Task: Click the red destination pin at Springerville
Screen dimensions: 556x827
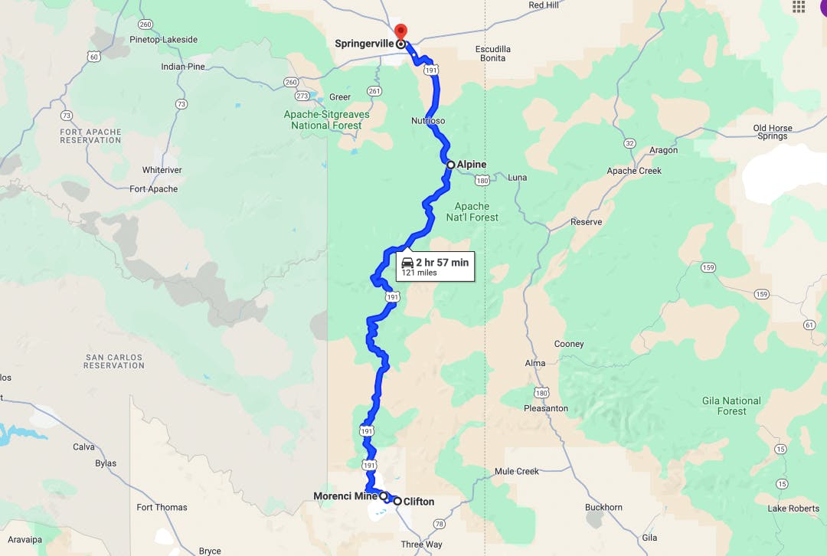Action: pos(400,32)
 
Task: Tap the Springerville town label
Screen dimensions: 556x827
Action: pos(364,44)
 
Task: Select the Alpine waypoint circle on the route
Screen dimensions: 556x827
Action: pos(451,165)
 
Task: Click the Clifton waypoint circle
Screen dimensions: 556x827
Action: pos(397,501)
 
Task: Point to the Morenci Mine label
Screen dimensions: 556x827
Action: pos(345,496)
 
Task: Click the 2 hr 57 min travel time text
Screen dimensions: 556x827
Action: pos(442,263)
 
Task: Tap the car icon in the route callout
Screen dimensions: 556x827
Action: pos(407,263)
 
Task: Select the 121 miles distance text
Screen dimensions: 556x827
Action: pos(418,273)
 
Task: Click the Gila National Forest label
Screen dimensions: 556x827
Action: pos(731,406)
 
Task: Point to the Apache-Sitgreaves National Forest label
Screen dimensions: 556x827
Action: pos(326,120)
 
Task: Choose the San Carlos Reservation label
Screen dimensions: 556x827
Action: pos(115,361)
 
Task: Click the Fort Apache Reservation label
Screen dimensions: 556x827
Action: pos(90,136)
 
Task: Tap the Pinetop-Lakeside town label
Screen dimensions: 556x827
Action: pos(164,40)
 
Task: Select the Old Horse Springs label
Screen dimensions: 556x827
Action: pos(772,132)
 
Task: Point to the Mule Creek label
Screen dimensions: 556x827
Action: pos(517,472)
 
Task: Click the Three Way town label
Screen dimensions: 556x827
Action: pos(421,545)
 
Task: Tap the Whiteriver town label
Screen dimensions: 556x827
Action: pos(160,169)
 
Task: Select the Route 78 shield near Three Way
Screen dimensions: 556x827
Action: pos(439,525)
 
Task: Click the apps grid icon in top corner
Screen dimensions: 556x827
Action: pos(799,7)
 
